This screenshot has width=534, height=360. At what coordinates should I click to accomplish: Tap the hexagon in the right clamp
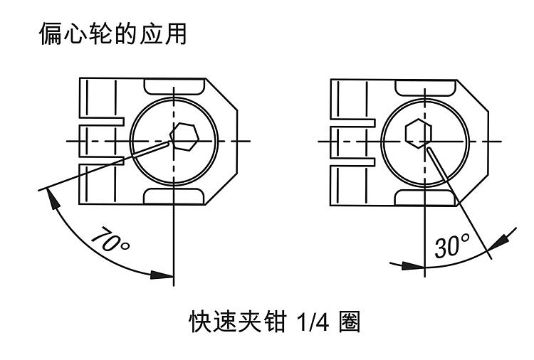tap(416, 133)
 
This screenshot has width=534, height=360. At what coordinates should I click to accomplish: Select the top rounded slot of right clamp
tap(424, 85)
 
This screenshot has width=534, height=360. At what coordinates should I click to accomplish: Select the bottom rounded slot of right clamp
tap(424, 196)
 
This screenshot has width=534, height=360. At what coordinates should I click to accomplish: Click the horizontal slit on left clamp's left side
tap(100, 122)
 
